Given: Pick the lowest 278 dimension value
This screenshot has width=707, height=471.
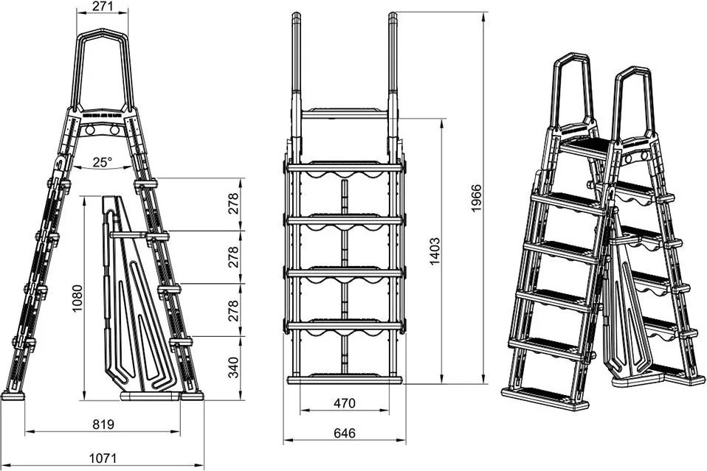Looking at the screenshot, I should coord(234,310).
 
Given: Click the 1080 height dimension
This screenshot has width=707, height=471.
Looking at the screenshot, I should coord(77,298).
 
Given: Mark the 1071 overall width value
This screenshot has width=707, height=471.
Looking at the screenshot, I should coord(103,458).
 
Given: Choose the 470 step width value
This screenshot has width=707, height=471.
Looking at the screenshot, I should coord(345,403).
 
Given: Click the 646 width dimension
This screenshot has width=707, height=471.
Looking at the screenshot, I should coord(344,434).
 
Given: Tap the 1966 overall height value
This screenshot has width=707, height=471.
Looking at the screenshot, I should coord(476,198).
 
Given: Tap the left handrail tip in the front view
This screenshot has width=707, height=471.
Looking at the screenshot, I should coord(296,16).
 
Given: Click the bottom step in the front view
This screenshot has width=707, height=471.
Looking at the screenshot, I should coord(344,379).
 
